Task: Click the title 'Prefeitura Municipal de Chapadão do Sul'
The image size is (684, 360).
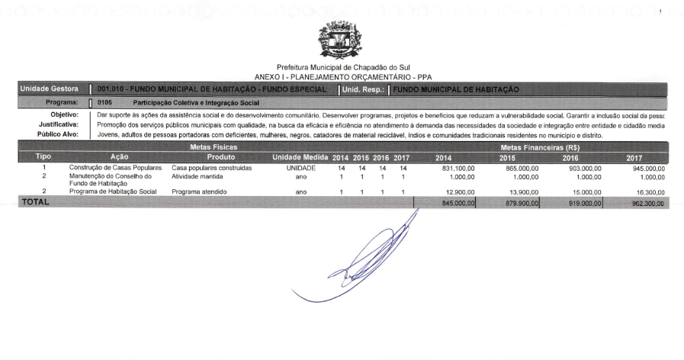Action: [x=342, y=67]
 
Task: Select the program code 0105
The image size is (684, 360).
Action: [x=105, y=102]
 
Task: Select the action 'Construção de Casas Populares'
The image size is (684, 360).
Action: [x=113, y=167]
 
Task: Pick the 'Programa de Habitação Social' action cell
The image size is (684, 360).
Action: [x=113, y=191]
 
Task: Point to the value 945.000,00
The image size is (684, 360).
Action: [x=646, y=167]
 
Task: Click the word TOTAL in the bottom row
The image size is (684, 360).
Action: [x=35, y=202]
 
